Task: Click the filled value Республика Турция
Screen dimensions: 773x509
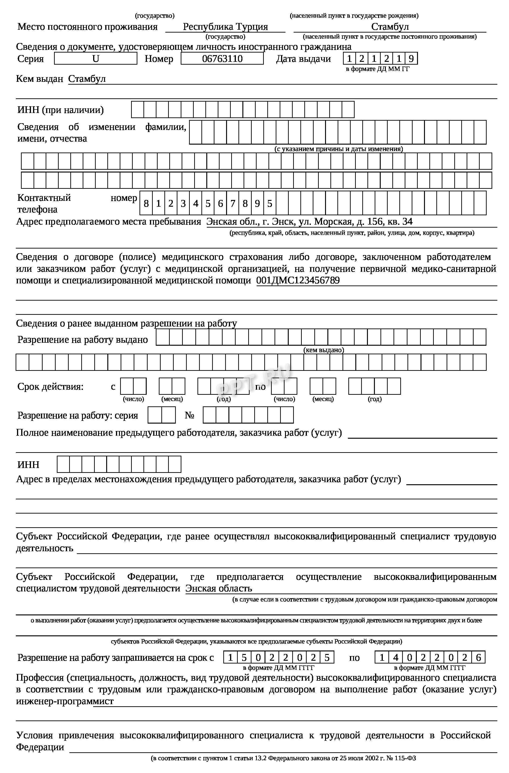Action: (x=225, y=27)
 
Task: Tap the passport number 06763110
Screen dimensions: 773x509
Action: (x=222, y=58)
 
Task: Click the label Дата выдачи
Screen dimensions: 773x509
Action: (x=303, y=59)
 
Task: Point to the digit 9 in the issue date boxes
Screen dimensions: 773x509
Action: (x=411, y=58)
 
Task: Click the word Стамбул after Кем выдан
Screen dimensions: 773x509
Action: (x=87, y=79)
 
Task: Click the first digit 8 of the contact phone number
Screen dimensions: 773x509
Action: (x=146, y=204)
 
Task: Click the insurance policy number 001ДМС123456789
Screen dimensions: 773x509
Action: (x=298, y=280)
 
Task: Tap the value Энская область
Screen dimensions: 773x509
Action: (x=219, y=588)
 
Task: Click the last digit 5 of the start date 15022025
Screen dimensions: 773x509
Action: (x=327, y=658)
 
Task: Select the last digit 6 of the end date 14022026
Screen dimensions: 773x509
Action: (x=478, y=658)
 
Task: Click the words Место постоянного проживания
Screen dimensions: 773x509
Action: (x=87, y=27)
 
